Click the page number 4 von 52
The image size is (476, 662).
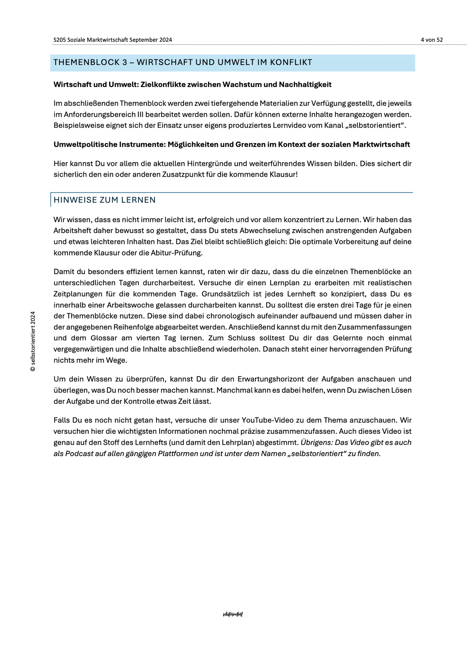(x=431, y=40)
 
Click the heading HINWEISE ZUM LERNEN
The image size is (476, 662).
(x=105, y=200)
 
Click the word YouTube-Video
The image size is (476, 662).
(x=264, y=420)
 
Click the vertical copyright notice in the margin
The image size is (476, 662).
(x=33, y=341)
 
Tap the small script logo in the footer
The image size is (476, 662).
(x=233, y=614)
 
